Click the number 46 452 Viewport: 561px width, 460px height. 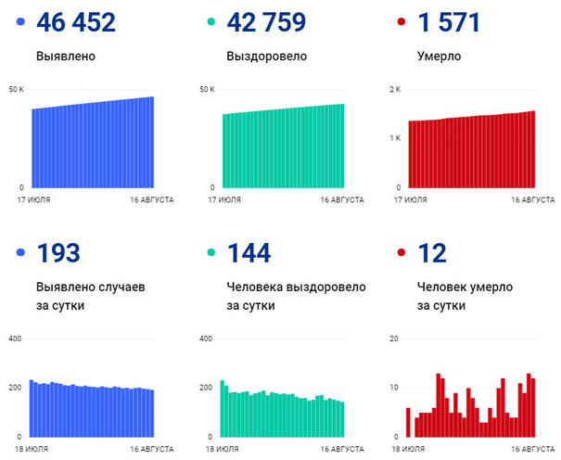point(75,22)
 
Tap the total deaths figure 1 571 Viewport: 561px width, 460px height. point(450,22)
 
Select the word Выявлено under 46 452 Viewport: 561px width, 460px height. point(65,56)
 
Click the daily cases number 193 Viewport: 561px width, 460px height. point(58,252)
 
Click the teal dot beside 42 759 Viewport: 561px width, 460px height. point(212,22)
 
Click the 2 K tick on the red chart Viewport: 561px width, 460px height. point(394,89)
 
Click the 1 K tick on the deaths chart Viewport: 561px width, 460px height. point(394,138)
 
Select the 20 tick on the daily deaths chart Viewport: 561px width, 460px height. point(394,339)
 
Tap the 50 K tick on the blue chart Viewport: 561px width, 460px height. point(16,89)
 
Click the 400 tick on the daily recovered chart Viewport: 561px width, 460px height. point(207,339)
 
